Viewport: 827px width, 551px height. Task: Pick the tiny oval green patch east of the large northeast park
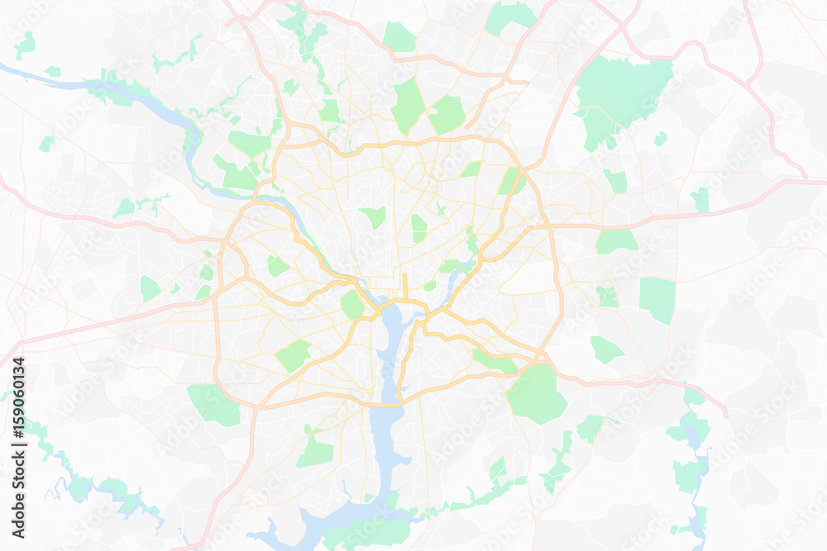click(660, 139)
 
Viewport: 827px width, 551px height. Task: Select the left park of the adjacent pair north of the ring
click(408, 106)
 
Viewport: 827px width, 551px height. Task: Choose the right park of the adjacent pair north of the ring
click(447, 115)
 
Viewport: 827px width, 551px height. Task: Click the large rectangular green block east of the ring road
click(657, 299)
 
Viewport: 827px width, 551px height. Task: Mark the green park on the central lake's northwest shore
click(353, 305)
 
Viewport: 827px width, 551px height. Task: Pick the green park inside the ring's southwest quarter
click(293, 356)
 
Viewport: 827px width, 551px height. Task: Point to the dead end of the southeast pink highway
click(726, 414)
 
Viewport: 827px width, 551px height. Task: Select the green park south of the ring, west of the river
click(315, 450)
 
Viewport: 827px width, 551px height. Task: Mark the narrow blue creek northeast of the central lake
click(454, 281)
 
